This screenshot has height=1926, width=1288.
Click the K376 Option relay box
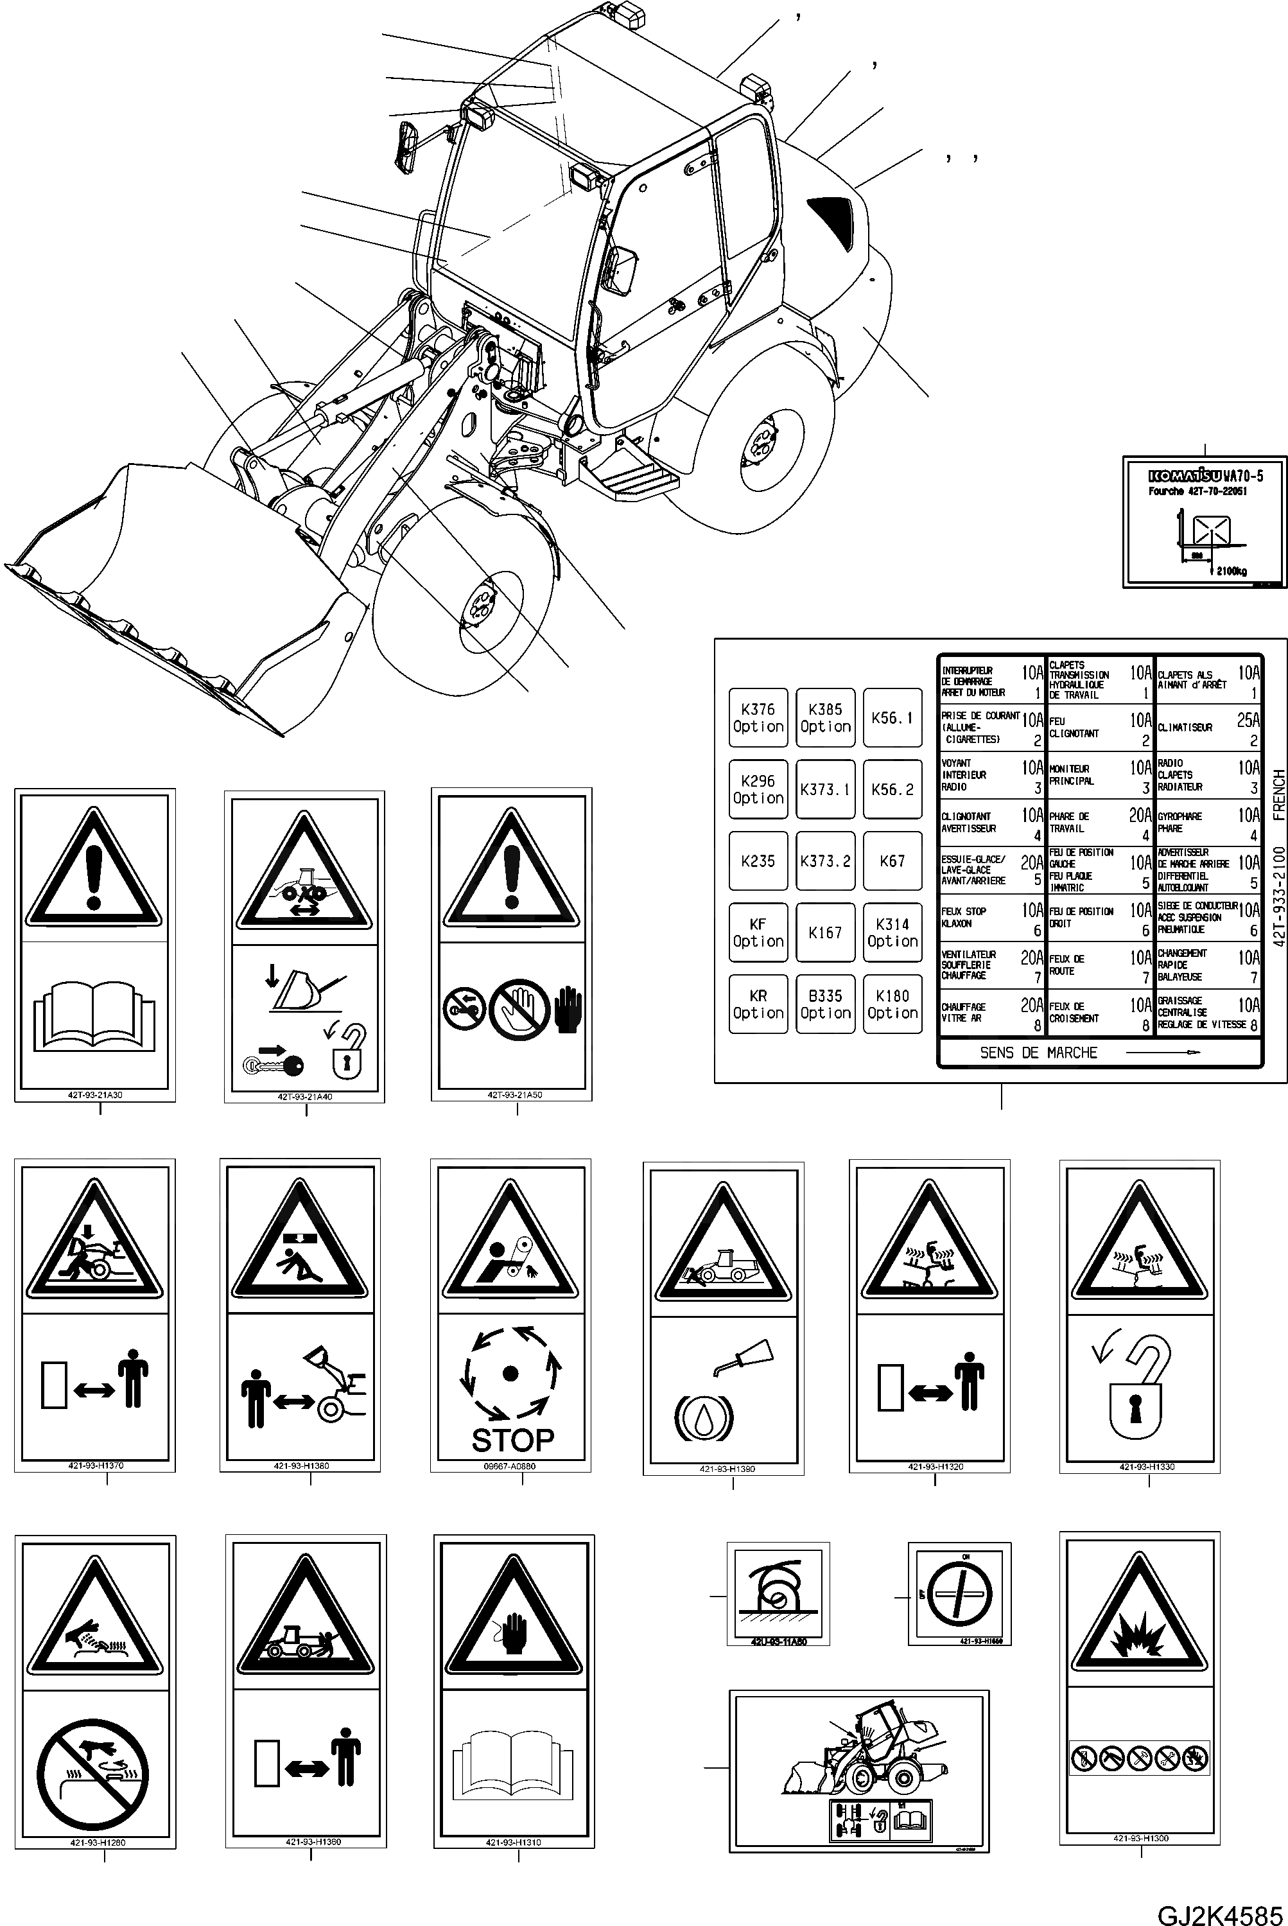point(758,717)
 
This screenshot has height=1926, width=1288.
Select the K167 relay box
point(824,932)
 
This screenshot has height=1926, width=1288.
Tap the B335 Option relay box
point(824,1004)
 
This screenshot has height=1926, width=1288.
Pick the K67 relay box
point(892,861)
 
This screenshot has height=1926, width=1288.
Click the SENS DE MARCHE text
point(1038,1053)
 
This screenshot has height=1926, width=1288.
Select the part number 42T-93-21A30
point(96,1095)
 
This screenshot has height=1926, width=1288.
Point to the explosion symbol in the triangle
point(1138,1638)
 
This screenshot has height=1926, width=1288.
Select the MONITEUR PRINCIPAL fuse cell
point(1099,776)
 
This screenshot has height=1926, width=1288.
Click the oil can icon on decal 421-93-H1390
point(746,1355)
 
